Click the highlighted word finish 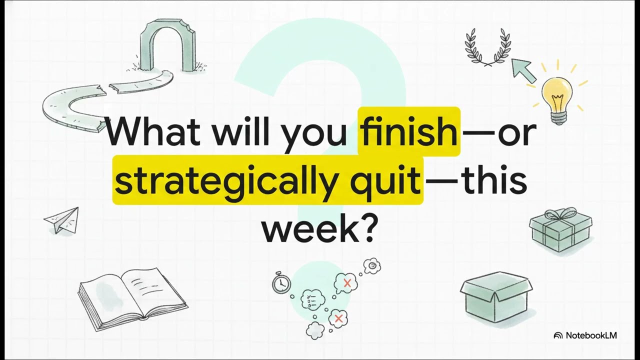[409, 131]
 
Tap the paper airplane [62, 220]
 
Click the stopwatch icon [281, 283]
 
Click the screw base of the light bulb [558, 118]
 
